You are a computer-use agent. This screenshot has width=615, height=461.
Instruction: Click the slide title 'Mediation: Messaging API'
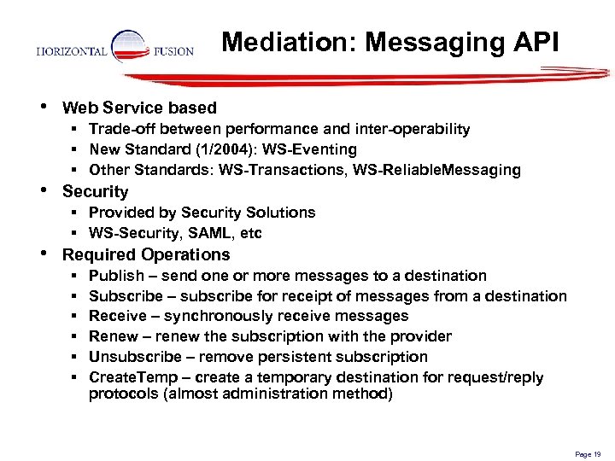click(x=390, y=42)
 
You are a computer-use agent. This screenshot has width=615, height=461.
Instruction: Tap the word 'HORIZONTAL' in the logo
click(x=72, y=51)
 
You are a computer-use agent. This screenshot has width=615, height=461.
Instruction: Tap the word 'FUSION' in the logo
click(x=173, y=51)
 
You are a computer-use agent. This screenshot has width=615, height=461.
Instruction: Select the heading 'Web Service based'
click(x=139, y=108)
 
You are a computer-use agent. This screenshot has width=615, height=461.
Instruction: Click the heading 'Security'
click(x=95, y=192)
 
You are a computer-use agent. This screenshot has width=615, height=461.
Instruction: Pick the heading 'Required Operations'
click(x=146, y=254)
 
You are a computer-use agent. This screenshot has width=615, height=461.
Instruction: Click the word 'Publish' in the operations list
click(x=115, y=276)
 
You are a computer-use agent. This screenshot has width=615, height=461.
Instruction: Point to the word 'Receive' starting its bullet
click(x=117, y=316)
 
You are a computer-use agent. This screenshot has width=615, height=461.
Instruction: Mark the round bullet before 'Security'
click(x=45, y=190)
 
